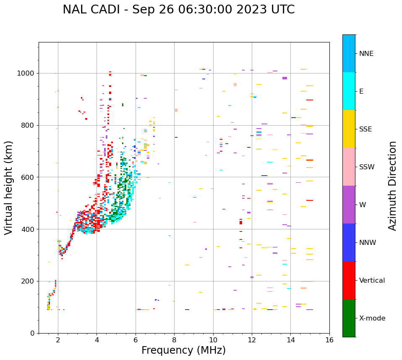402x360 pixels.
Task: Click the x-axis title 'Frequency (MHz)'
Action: coord(183,350)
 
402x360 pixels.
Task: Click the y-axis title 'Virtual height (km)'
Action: coord(9,187)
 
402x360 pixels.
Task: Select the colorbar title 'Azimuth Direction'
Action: coord(392,185)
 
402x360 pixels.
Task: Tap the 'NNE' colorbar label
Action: coord(366,54)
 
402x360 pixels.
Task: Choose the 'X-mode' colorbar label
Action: coord(372,318)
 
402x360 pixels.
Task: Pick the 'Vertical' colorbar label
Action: coord(372,281)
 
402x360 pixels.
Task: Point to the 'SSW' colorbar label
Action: coord(367,167)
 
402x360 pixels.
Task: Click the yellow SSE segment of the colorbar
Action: coord(349,129)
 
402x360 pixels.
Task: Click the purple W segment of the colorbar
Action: coord(349,205)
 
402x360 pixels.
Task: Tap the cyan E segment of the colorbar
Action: coord(349,91)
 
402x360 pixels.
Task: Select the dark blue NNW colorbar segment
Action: coord(349,242)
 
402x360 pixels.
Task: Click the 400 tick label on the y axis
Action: coord(29,229)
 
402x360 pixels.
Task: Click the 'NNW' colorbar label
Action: coord(368,243)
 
